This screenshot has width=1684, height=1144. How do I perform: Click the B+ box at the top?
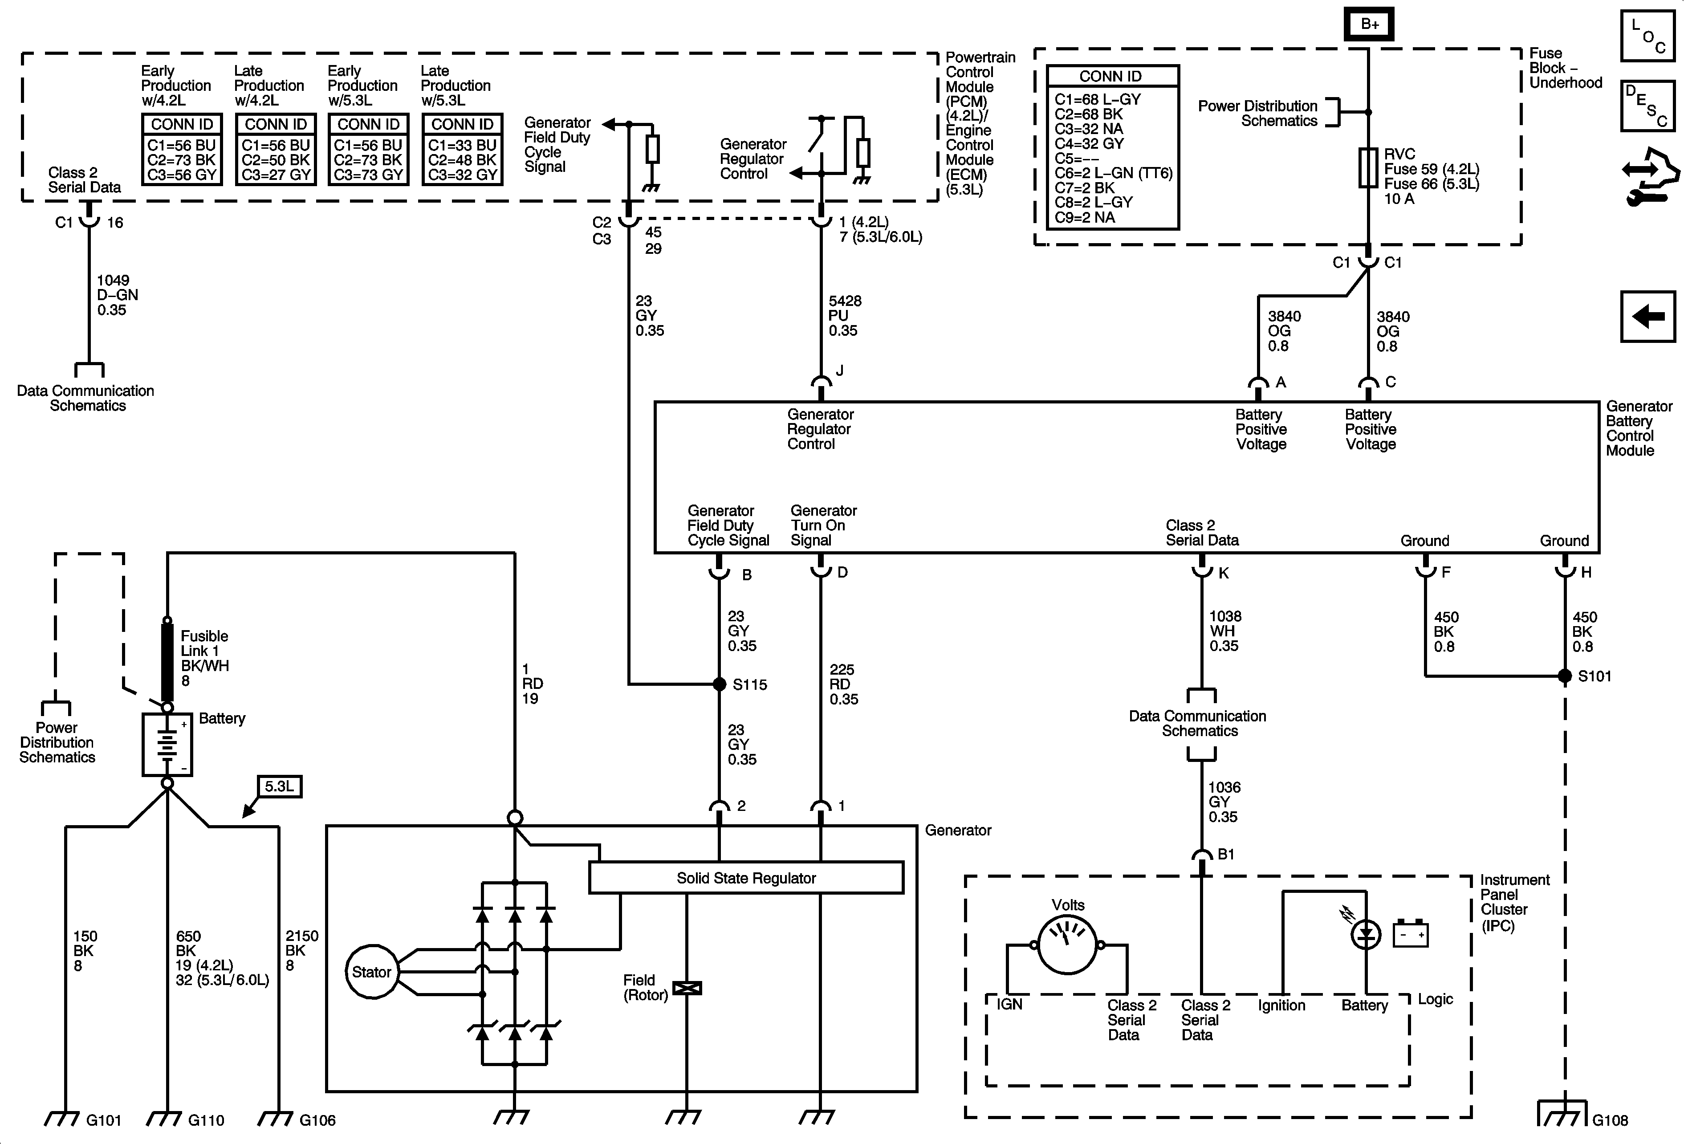(x=1369, y=24)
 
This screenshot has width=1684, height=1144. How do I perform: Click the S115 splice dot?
(x=720, y=684)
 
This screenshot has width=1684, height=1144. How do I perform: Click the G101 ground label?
(x=104, y=1120)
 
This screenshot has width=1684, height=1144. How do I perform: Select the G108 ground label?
(x=1610, y=1120)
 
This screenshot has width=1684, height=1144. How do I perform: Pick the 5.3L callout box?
(x=280, y=786)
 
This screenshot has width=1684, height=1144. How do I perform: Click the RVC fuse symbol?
(x=1368, y=168)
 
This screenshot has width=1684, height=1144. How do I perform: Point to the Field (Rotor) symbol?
(x=687, y=988)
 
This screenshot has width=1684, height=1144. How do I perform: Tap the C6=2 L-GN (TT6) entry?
(x=1113, y=172)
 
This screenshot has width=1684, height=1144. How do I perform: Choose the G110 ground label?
(x=206, y=1120)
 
